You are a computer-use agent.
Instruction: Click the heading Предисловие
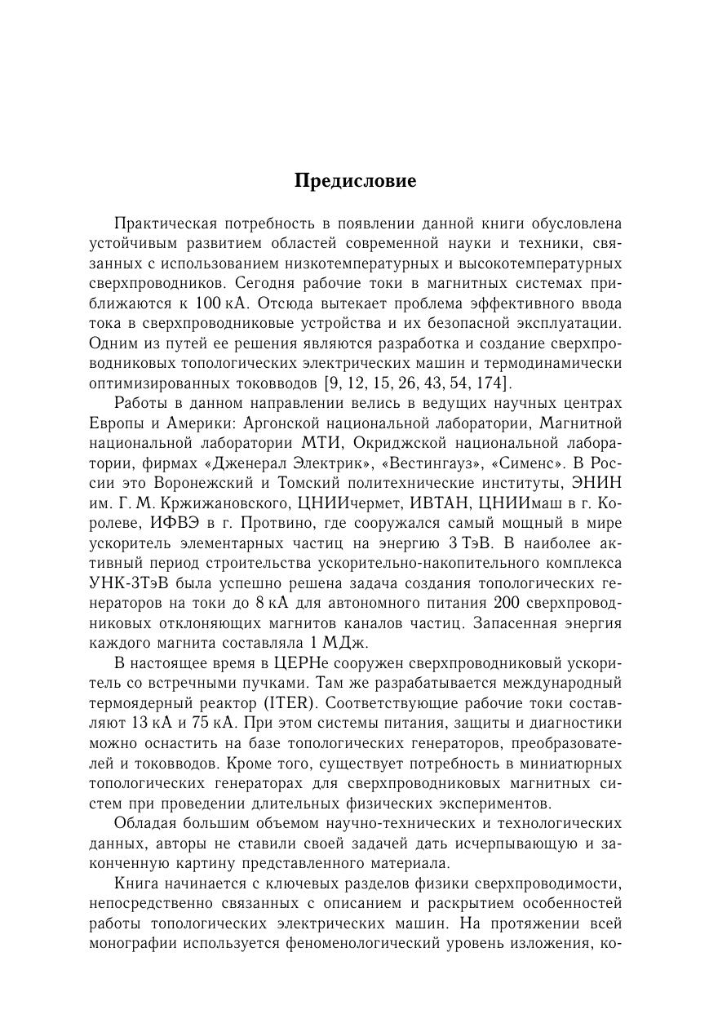[355, 181]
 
